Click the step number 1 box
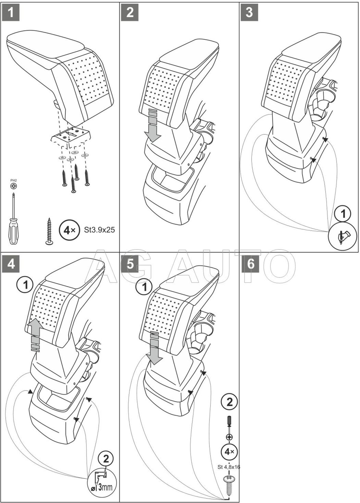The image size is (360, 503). [x=11, y=12]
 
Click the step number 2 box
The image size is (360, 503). [x=130, y=12]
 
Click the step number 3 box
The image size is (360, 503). [x=249, y=12]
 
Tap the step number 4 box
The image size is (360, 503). [x=11, y=264]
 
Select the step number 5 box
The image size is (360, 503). [x=130, y=264]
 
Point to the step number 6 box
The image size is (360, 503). [x=251, y=264]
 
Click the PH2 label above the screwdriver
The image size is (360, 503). [x=13, y=180]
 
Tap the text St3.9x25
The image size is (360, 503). [x=98, y=230]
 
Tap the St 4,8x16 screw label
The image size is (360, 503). [x=229, y=467]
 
